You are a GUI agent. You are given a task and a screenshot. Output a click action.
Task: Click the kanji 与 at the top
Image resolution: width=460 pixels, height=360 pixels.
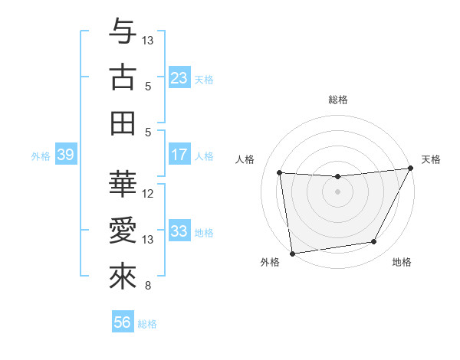tap(123, 33)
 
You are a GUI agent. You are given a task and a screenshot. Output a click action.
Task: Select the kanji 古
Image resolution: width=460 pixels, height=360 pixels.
tap(123, 77)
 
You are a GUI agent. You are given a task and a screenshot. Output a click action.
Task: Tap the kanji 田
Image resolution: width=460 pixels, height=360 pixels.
tap(123, 123)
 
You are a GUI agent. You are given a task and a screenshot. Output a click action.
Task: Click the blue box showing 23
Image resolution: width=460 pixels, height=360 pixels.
tap(179, 78)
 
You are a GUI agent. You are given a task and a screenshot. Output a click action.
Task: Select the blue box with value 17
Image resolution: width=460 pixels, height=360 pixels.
tap(179, 155)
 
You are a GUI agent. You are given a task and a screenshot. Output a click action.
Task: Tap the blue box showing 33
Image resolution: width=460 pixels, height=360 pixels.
tap(179, 231)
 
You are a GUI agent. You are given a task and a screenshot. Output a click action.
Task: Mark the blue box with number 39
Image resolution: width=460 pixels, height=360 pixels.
tap(65, 155)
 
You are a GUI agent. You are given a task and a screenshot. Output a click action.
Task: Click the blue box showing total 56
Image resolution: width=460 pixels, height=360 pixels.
tap(123, 322)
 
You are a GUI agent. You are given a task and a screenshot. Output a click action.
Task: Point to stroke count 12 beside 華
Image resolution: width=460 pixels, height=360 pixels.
tap(149, 194)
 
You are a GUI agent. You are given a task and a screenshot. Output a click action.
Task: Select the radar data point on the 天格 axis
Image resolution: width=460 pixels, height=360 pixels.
tap(411, 169)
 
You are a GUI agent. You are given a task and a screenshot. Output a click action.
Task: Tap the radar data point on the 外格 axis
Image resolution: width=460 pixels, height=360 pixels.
tap(292, 253)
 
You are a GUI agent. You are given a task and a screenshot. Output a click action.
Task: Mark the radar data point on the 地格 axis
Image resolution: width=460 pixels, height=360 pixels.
tap(374, 242)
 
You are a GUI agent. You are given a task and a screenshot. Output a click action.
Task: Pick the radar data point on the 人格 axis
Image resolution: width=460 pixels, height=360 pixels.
tap(279, 173)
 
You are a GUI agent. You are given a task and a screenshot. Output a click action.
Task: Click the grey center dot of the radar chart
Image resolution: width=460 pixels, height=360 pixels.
tap(337, 191)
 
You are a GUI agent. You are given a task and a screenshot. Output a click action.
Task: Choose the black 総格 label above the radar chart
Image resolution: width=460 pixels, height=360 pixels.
tap(337, 100)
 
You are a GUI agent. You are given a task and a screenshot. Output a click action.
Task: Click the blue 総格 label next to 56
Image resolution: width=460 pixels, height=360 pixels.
tap(147, 324)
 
